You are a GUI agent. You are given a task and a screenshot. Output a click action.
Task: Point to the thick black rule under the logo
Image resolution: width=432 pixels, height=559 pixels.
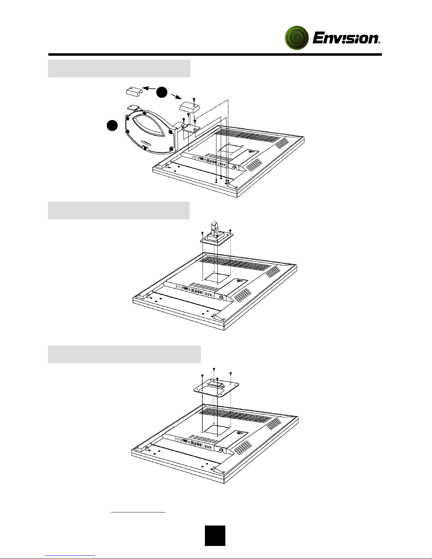215,55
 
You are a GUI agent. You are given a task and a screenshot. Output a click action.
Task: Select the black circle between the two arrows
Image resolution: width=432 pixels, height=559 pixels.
162,92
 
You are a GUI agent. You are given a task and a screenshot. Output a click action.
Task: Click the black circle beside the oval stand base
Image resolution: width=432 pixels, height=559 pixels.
112,126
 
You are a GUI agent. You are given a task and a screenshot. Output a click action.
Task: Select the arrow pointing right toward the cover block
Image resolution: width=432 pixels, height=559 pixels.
176,96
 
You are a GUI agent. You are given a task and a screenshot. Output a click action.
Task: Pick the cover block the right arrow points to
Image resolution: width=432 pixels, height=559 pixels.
191,106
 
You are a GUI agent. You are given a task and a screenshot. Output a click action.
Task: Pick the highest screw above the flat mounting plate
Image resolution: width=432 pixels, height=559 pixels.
214,369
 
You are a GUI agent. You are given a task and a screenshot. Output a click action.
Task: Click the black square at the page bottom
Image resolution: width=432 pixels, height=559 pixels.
215,536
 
